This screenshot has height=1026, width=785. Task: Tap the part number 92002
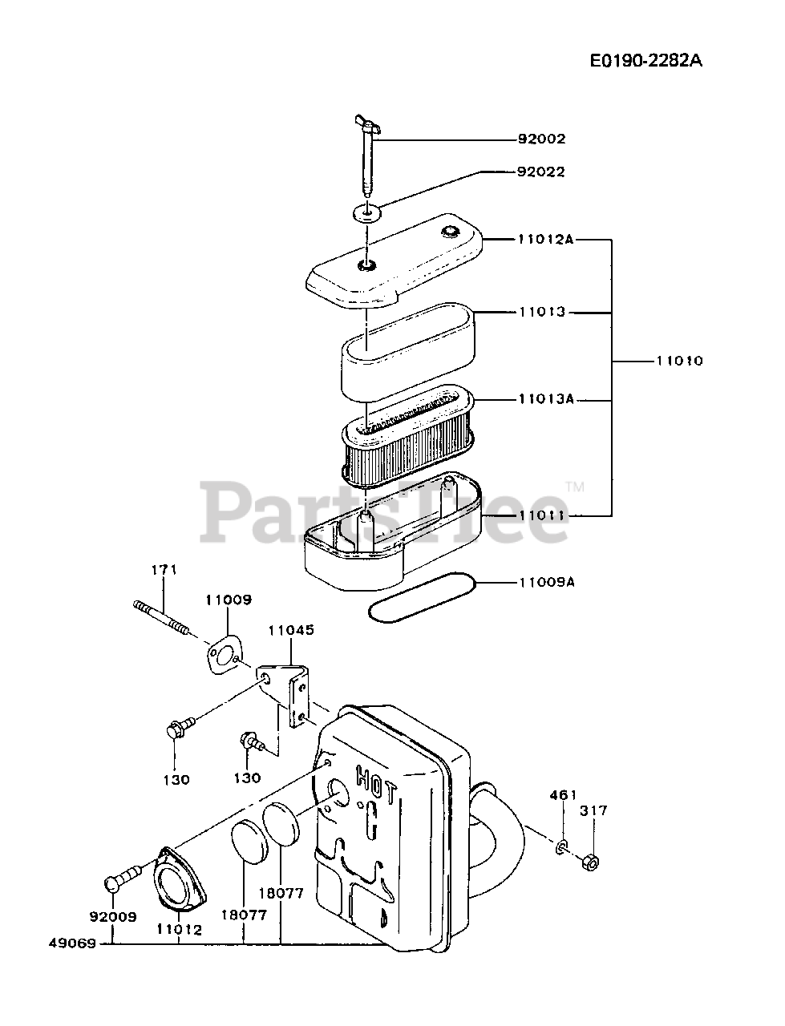[540, 139]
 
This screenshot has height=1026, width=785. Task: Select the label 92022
[540, 172]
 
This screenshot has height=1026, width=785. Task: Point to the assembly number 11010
[679, 361]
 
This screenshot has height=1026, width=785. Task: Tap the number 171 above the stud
[164, 570]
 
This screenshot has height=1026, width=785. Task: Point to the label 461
[563, 795]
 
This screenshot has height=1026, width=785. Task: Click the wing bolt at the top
[365, 156]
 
